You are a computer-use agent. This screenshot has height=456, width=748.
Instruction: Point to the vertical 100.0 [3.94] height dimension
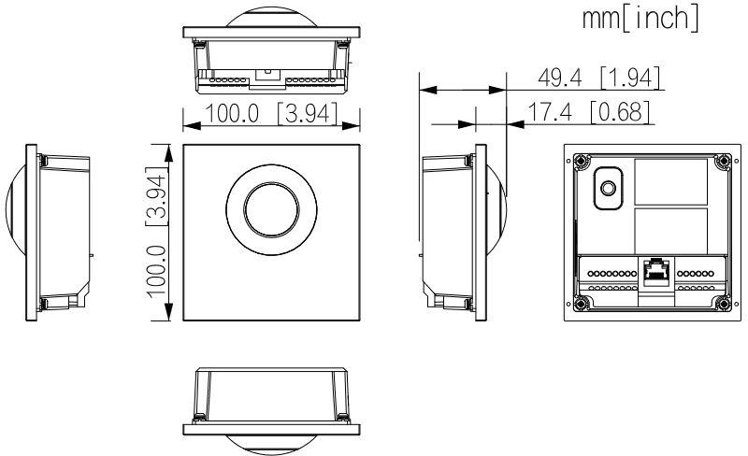click(156, 233)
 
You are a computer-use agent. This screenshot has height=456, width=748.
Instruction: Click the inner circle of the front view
click(270, 209)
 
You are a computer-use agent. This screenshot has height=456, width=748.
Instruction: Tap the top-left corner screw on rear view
click(580, 160)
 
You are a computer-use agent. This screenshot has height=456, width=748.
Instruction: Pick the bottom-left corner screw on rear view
click(580, 303)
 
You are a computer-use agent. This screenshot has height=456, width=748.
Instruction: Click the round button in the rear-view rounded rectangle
click(608, 188)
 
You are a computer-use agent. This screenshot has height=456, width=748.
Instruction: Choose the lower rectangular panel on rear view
click(671, 228)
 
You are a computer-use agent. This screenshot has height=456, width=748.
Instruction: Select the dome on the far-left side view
click(15, 233)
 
